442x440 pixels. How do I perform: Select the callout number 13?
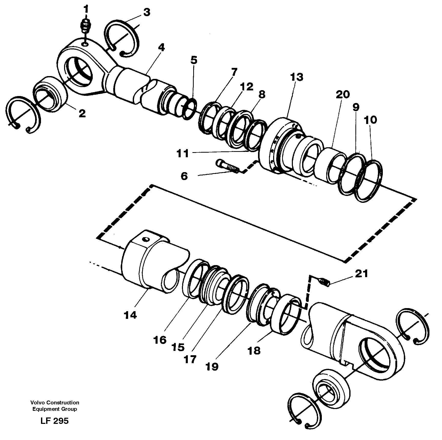coord(297,77)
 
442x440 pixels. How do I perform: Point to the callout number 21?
coord(361,274)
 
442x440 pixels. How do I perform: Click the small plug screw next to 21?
coord(324,281)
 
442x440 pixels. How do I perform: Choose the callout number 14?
coord(130,315)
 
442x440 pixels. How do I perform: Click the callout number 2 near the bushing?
coord(82,113)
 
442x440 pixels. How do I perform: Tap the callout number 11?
coord(183,154)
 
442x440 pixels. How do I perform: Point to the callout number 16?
coord(160,340)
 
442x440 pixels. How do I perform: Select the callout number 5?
coord(194,60)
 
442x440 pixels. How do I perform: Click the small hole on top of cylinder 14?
coord(146,239)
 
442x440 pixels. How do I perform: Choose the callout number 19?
coord(212,367)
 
